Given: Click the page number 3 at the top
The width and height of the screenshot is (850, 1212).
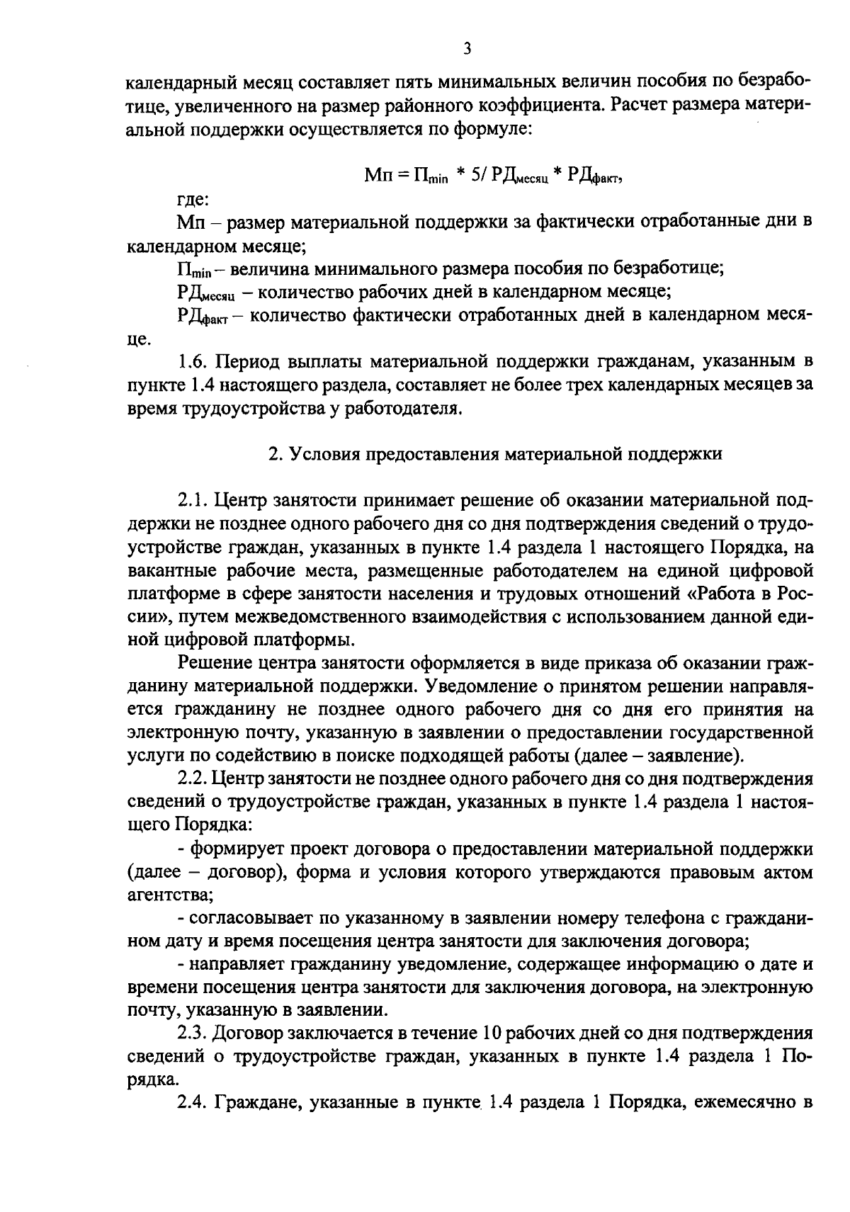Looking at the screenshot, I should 467,48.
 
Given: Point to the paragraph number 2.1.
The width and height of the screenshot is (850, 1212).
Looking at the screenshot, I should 193,501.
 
